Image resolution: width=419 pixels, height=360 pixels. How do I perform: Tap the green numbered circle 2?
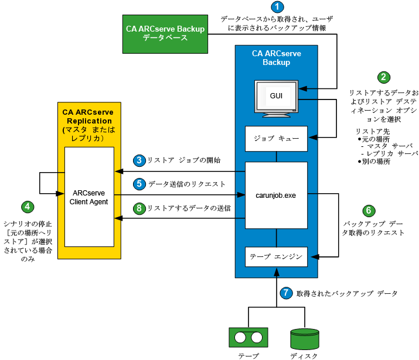point(384,77)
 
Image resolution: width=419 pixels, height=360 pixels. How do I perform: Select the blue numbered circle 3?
point(139,160)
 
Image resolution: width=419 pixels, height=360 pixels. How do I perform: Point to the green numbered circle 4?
point(26,207)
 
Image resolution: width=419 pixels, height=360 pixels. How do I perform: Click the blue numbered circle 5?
point(139,183)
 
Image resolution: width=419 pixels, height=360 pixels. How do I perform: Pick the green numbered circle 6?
point(369,210)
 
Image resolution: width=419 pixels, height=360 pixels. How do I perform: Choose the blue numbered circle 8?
point(139,207)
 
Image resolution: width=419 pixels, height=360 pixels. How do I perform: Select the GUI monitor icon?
point(276,97)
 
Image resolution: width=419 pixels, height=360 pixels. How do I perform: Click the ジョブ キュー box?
point(276,139)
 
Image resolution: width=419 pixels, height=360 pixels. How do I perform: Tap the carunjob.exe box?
point(276,195)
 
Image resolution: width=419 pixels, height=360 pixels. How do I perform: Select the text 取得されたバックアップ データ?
point(346,293)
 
